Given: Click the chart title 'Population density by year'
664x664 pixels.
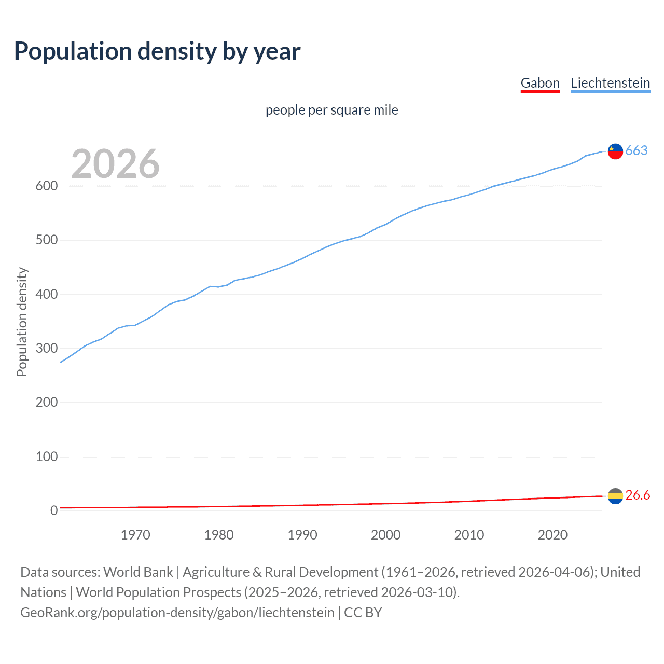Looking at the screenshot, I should click(x=157, y=51).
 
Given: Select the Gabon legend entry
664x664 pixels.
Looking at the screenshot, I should click(x=540, y=83).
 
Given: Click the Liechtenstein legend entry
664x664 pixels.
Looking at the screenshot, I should click(x=610, y=83).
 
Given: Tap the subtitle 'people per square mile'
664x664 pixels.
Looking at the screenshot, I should click(x=331, y=110).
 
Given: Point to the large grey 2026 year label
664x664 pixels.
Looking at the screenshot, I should click(x=115, y=164).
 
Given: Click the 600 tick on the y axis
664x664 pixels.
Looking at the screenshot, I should click(x=46, y=186).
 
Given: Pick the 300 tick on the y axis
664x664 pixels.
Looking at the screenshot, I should click(x=46, y=349).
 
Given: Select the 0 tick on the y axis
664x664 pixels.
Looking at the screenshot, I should click(x=53, y=511).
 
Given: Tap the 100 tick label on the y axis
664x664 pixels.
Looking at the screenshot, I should click(x=46, y=457).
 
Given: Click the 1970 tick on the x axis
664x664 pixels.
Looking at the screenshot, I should click(x=135, y=535).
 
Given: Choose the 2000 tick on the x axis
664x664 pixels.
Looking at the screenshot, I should click(x=385, y=535).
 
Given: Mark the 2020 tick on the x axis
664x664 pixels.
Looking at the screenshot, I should click(x=552, y=535).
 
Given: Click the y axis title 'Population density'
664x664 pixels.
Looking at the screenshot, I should click(x=22, y=322).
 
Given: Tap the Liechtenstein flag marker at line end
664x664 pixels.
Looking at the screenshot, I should click(x=615, y=151).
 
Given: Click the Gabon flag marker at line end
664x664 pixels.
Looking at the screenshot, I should click(x=615, y=496).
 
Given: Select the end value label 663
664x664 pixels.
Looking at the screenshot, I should click(x=637, y=150).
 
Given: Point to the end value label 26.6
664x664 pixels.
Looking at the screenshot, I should click(x=638, y=495).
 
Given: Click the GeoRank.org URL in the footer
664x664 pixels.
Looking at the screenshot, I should click(x=177, y=613).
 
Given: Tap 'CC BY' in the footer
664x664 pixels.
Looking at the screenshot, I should click(x=363, y=613).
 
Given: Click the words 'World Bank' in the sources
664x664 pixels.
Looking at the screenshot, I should click(x=138, y=572).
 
